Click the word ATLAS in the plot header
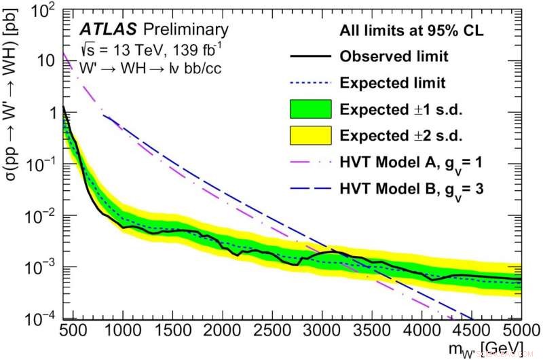(102, 30)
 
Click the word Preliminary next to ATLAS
(178, 30)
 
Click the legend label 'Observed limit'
(402, 56)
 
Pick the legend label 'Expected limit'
(402, 83)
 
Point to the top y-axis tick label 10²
(45, 9)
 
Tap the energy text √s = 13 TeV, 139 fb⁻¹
(136, 50)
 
